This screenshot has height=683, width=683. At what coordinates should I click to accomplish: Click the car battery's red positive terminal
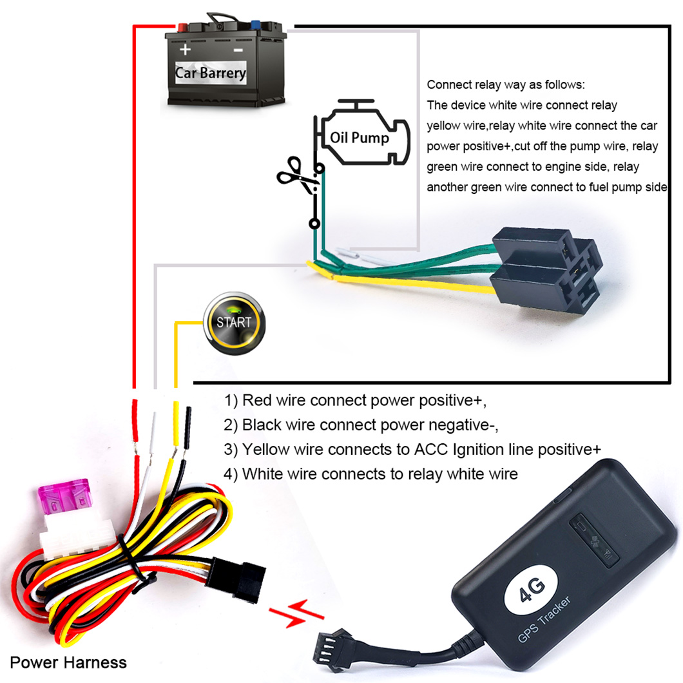coord(182,28)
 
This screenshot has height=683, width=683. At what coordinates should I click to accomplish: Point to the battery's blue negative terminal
coord(256,28)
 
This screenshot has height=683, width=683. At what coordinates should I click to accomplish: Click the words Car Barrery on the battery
coord(210,72)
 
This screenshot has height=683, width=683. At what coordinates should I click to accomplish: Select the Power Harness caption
coord(68,662)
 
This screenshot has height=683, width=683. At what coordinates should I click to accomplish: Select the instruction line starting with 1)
coord(355,401)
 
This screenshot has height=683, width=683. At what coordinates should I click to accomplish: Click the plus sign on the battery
coord(186,50)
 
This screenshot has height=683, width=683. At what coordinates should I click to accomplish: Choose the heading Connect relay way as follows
coord(506,85)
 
